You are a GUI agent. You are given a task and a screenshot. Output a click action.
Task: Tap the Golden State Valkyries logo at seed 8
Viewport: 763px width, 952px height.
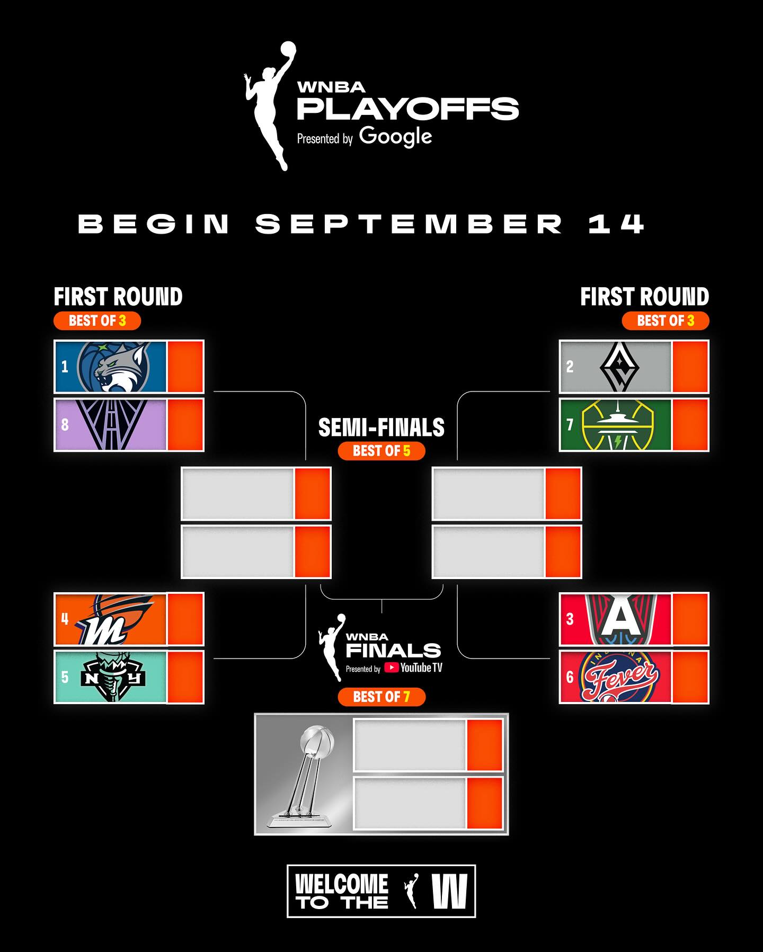click(x=111, y=425)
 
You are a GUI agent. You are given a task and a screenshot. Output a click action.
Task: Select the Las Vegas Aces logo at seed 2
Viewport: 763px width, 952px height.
click(x=619, y=367)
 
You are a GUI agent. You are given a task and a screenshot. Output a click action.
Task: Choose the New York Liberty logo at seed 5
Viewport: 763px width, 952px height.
click(x=113, y=677)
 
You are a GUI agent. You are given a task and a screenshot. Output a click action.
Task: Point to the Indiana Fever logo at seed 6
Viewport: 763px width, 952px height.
click(x=620, y=677)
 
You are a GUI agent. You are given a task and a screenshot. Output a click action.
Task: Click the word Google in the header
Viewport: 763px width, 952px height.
click(x=396, y=137)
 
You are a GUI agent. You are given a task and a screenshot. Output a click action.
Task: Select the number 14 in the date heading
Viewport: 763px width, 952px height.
click(x=616, y=224)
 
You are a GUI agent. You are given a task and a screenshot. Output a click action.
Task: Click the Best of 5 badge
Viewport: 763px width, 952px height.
click(x=381, y=451)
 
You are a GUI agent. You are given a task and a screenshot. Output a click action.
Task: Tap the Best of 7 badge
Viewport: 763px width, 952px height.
click(x=381, y=697)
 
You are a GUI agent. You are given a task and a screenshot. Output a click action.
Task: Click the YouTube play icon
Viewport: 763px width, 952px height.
click(x=391, y=668)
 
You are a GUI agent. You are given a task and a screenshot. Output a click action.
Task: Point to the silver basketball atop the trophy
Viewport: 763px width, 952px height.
click(x=317, y=740)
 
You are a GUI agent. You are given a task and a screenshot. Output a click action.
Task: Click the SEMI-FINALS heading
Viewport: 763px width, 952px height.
click(x=381, y=428)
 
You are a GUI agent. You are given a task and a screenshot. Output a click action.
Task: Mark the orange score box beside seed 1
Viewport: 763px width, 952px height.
click(x=185, y=367)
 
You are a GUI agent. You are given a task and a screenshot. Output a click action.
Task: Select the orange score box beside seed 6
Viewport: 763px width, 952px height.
click(x=690, y=677)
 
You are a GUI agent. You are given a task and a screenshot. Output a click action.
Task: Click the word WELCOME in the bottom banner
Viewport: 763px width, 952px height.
click(x=342, y=884)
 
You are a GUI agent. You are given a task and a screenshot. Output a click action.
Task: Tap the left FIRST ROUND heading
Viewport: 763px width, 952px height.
click(x=118, y=297)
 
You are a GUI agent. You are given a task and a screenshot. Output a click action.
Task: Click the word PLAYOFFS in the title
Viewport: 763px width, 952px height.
click(x=407, y=109)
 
